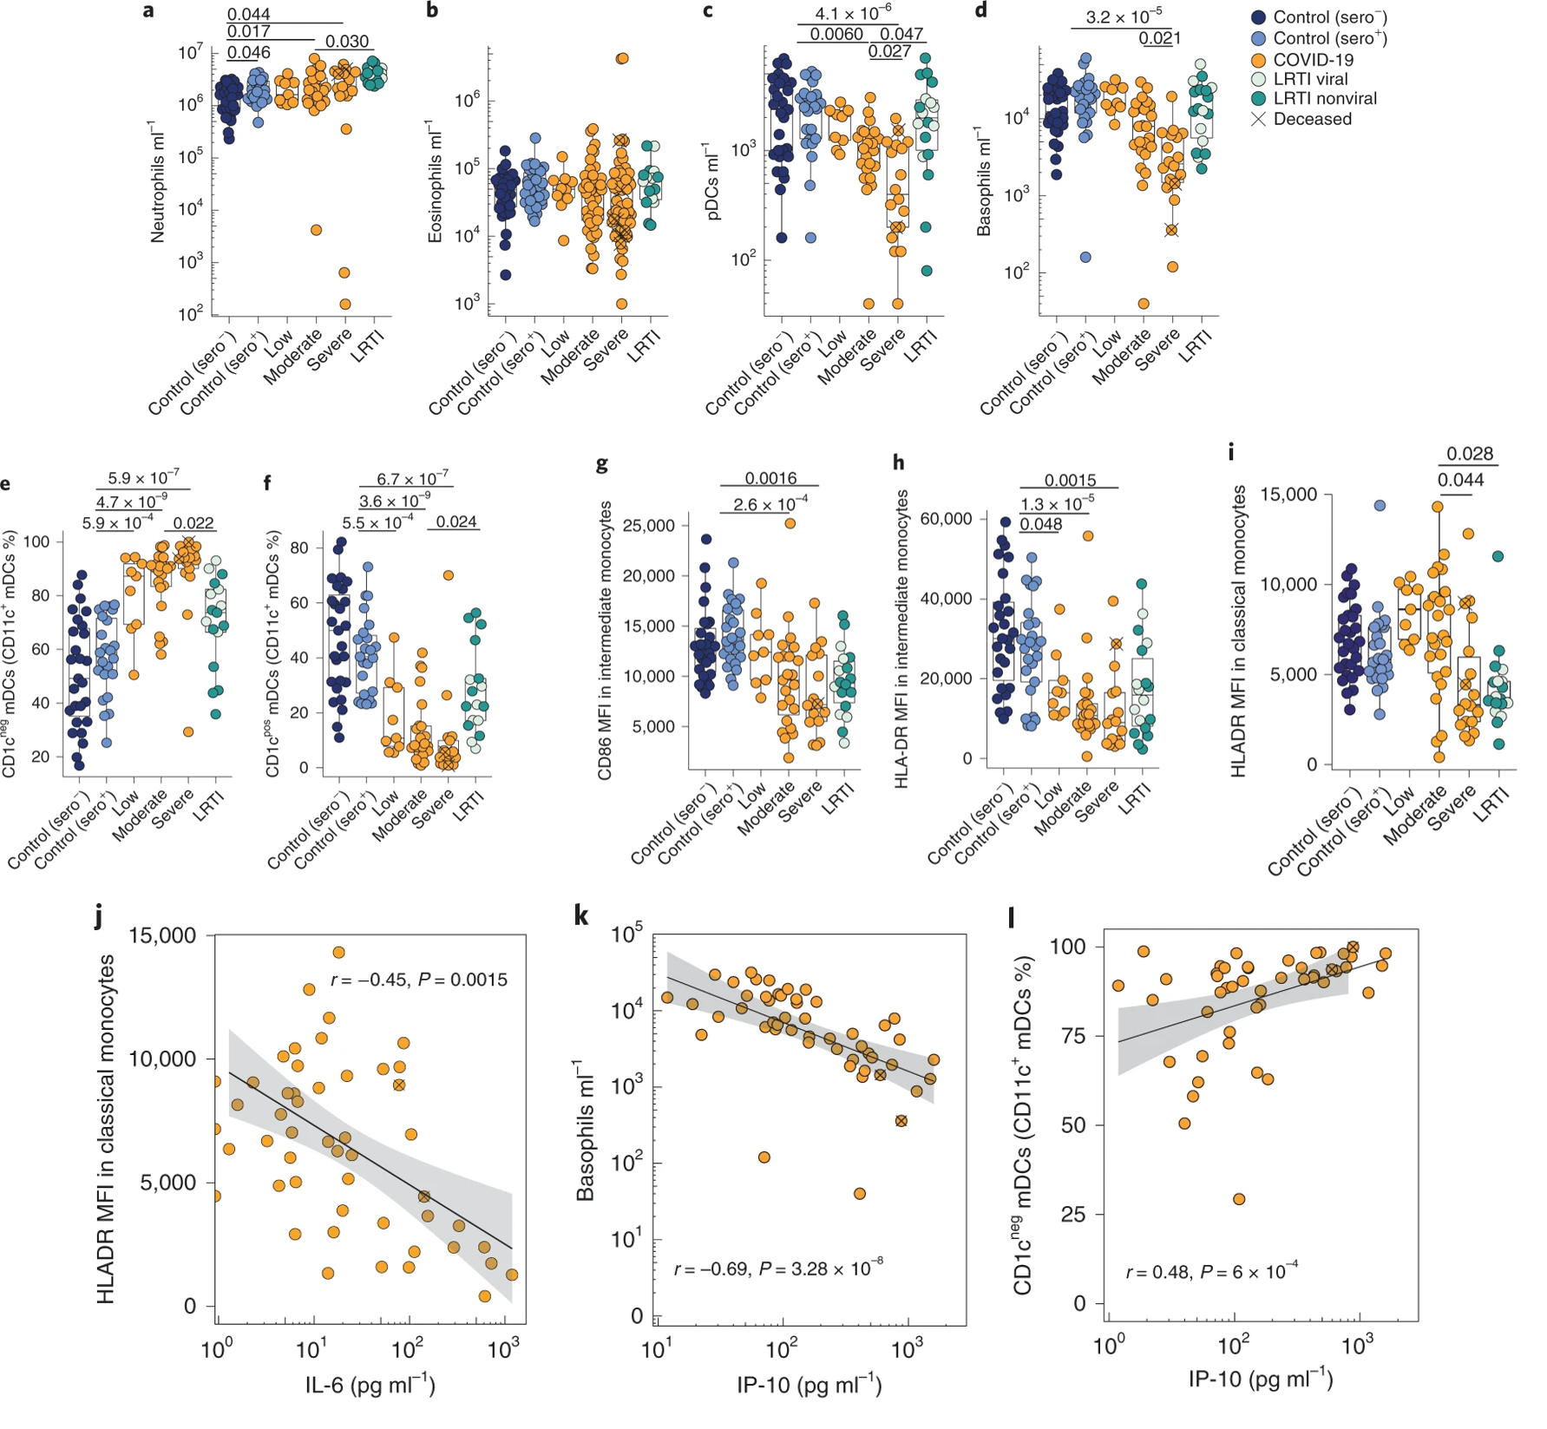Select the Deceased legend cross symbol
(x=1258, y=120)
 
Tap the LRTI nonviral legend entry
(x=1324, y=99)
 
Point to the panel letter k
(x=582, y=915)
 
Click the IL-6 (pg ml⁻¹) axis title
(x=370, y=1384)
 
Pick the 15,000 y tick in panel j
(x=163, y=935)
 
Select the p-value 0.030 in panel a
(x=347, y=42)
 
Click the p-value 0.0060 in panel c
(x=836, y=34)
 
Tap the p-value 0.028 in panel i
(x=1470, y=454)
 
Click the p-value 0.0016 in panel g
(x=770, y=479)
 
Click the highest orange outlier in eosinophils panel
(x=622, y=58)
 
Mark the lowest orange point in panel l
(x=1239, y=1199)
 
